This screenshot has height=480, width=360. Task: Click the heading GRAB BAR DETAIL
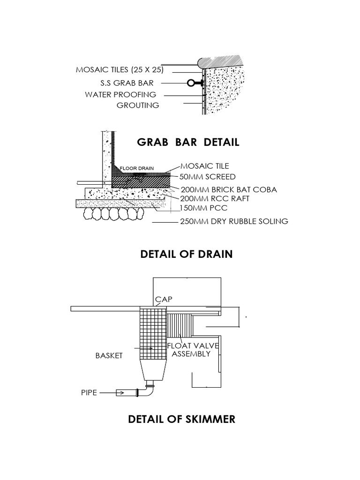point(188,142)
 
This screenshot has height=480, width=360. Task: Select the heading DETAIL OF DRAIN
point(186,254)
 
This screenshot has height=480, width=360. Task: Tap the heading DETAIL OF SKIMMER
point(181,419)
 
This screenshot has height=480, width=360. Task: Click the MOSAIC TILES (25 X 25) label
point(120,70)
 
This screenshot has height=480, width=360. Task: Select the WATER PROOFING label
point(120,95)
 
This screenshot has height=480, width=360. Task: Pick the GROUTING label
point(138,105)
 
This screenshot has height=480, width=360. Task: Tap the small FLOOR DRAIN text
point(134,168)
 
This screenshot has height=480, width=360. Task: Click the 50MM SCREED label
point(208,177)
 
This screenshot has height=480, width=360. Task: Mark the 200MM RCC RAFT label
point(211,199)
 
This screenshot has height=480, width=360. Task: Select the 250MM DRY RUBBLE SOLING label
point(234,221)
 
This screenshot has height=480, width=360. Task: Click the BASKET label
point(109,356)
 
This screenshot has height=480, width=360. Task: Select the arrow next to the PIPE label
point(112,393)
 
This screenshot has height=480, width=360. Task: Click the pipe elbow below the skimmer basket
point(149,389)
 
